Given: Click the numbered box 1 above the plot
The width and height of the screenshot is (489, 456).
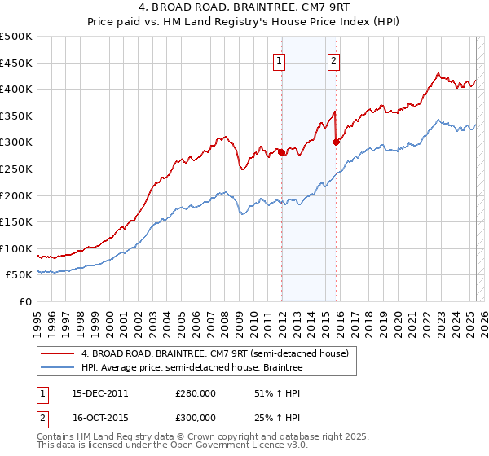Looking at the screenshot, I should (x=280, y=59).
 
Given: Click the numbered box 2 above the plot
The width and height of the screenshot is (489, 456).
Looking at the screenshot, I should (x=334, y=59).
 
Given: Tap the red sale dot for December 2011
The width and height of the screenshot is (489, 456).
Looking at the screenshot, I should (x=282, y=152).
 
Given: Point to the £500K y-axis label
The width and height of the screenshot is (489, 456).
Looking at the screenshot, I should (x=16, y=37).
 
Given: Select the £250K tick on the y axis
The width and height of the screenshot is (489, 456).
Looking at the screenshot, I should (x=16, y=169).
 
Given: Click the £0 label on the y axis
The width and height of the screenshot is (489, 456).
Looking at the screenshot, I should (x=24, y=301).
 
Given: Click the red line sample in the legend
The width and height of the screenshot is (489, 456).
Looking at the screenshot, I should (x=57, y=353).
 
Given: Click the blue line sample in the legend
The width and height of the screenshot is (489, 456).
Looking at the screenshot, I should (x=57, y=368).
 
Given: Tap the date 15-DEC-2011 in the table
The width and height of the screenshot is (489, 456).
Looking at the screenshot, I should (x=99, y=393).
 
